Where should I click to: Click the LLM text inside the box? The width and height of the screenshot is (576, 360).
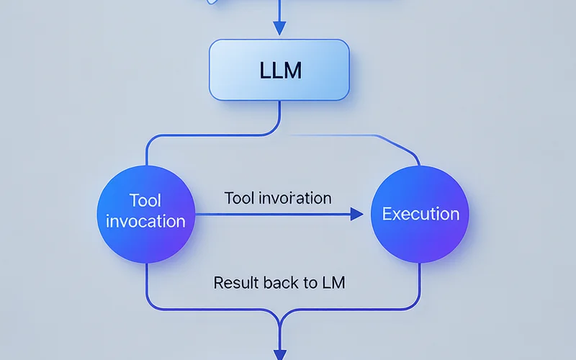tap(281, 70)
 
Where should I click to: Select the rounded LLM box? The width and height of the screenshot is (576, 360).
tap(279, 70)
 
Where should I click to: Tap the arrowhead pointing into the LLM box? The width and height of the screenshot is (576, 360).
tap(279, 28)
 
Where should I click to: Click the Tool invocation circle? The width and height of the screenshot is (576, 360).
tap(146, 214)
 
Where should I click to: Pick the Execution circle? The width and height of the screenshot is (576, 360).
tap(420, 214)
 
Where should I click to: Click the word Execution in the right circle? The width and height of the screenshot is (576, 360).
tap(420, 214)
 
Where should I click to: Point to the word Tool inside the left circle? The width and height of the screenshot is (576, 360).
tap(145, 201)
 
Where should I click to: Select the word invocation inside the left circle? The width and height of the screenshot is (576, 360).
tap(145, 221)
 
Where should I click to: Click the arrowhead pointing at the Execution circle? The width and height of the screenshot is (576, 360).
tap(356, 214)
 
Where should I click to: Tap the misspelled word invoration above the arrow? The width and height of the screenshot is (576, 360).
tap(295, 199)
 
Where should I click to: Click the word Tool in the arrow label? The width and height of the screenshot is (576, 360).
tap(239, 199)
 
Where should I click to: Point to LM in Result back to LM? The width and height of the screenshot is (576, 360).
tap(333, 283)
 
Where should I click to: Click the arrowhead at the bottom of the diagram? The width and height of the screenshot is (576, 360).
tap(280, 355)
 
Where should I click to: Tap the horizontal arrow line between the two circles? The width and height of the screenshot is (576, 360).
tap(273, 214)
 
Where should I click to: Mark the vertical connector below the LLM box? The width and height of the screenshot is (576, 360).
tap(279, 114)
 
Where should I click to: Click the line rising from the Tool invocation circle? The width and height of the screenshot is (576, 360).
tap(147, 150)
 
